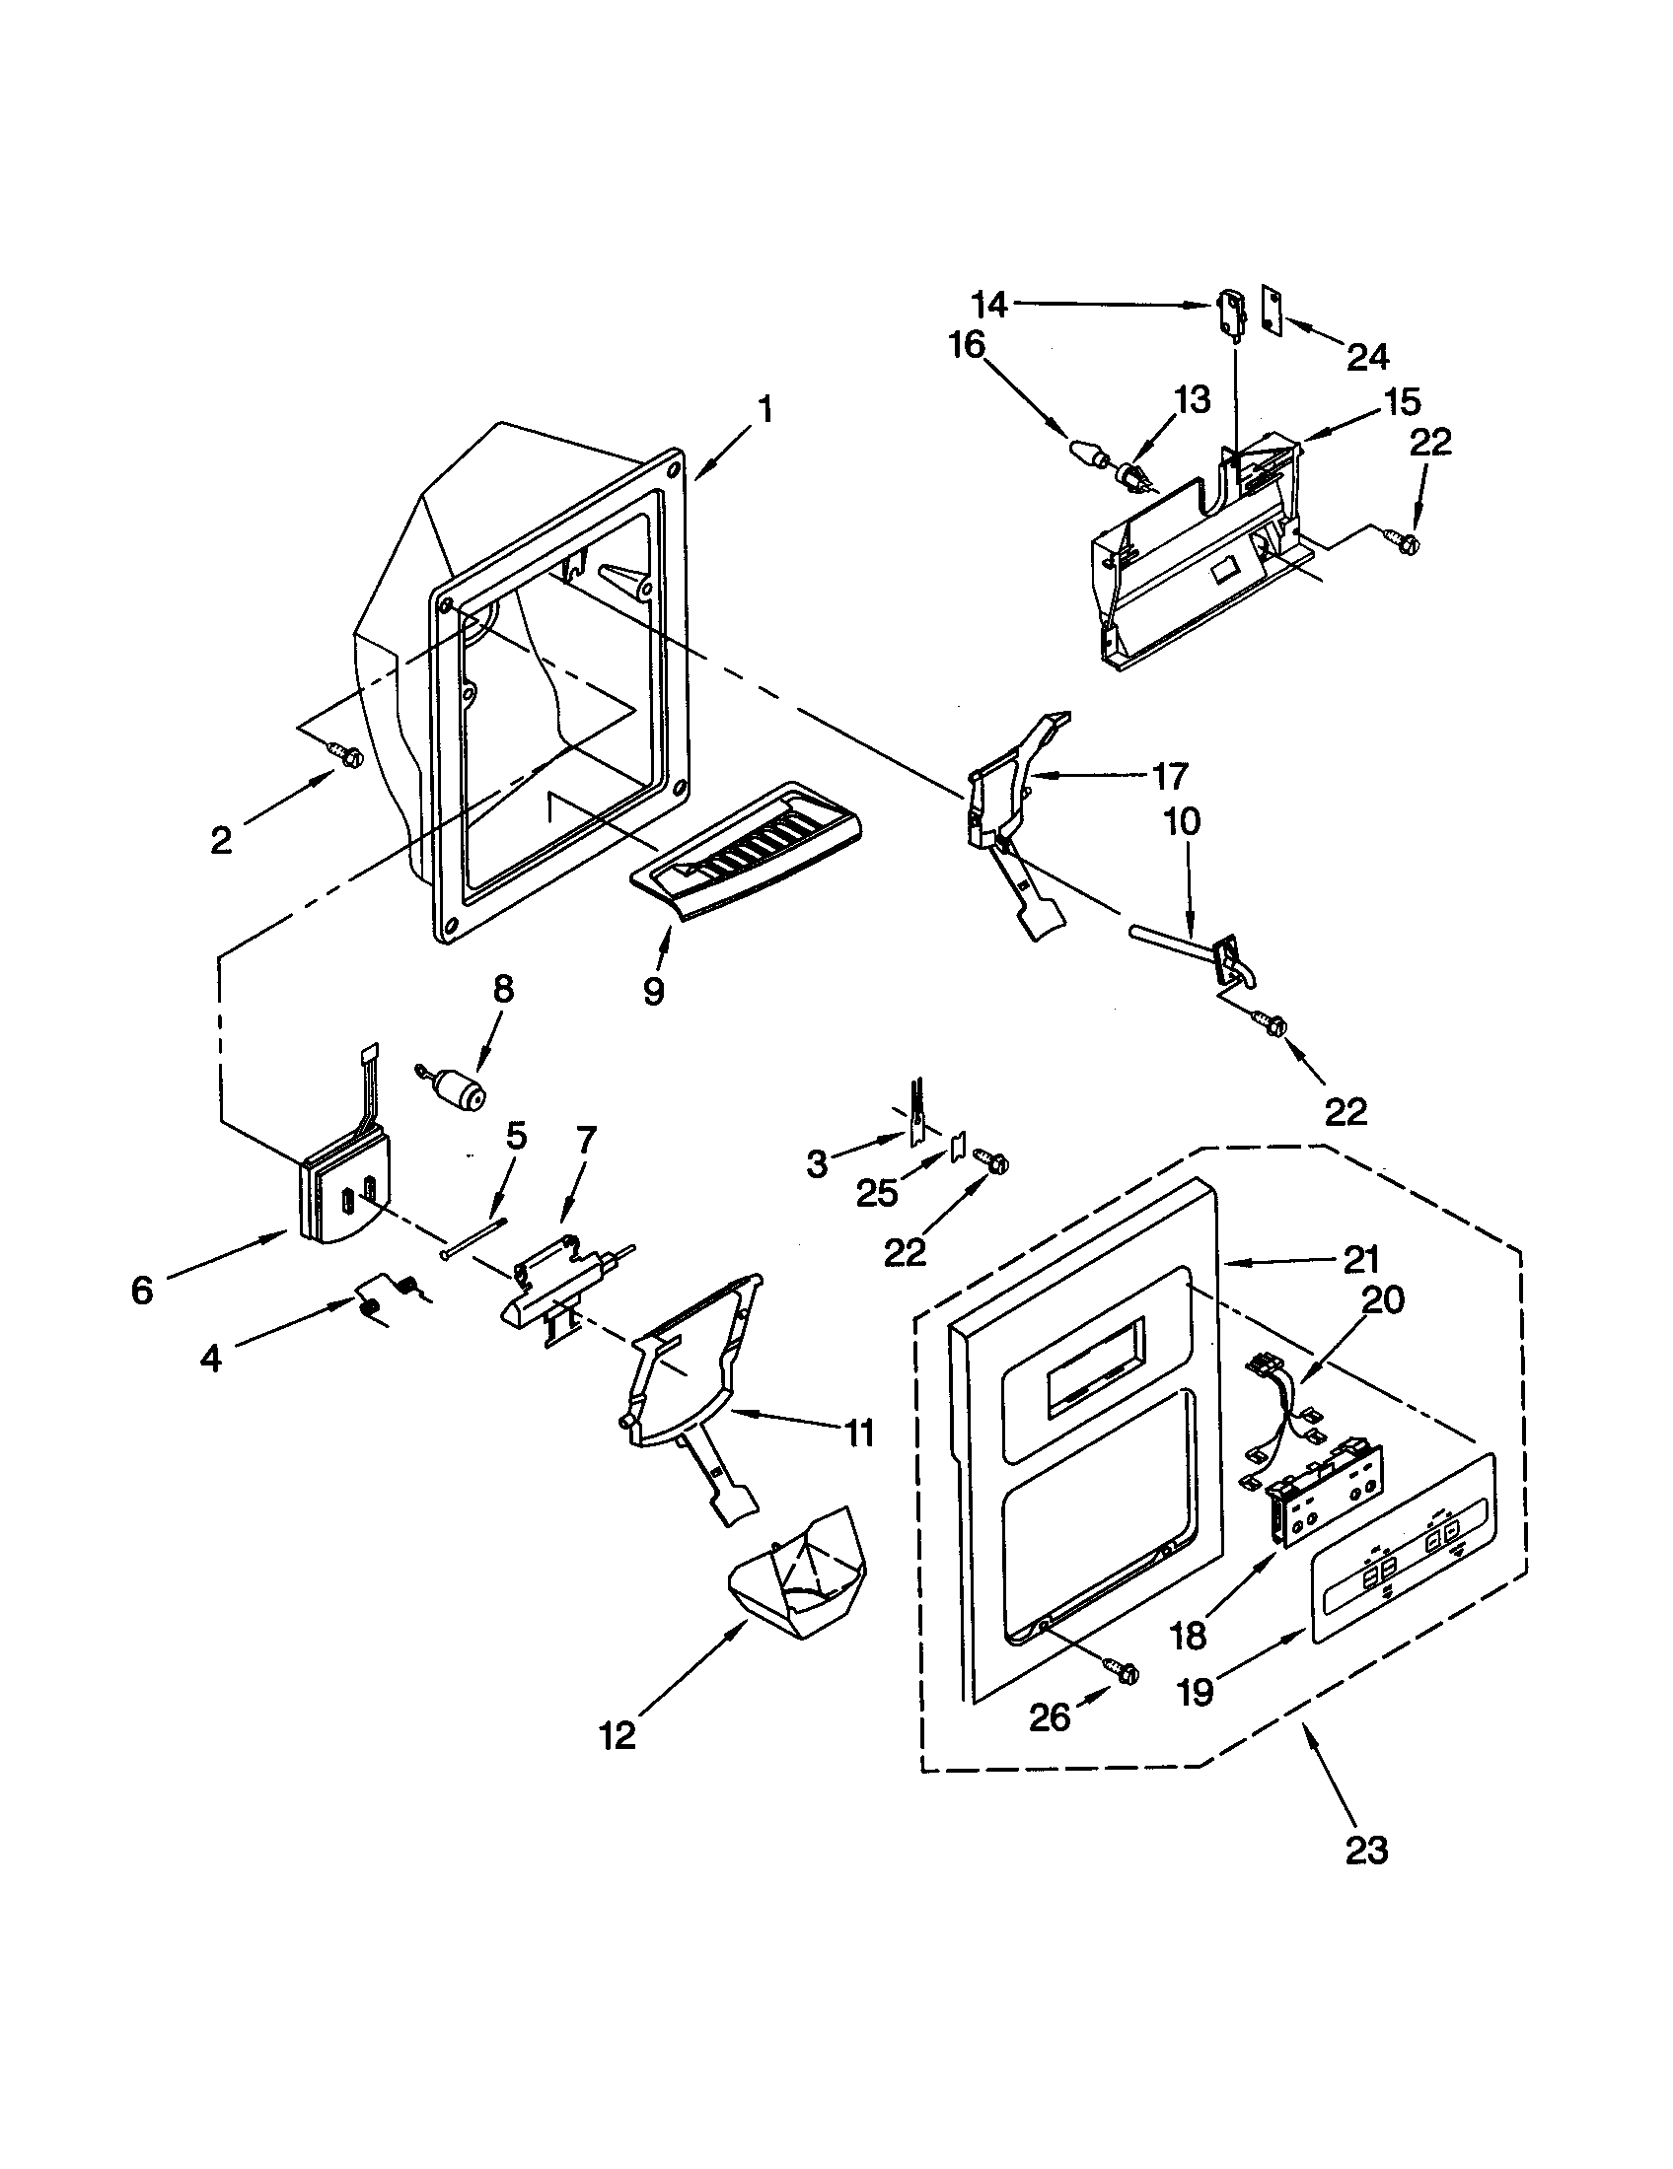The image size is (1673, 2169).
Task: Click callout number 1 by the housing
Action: coord(764,409)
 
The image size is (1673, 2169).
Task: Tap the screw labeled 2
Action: coord(350,757)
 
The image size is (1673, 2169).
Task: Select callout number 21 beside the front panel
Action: coord(1360,1260)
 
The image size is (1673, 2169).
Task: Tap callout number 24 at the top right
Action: coord(1368,356)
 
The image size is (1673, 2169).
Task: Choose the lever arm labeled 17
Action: coord(1003,795)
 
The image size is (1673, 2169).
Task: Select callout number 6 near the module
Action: coord(142,1290)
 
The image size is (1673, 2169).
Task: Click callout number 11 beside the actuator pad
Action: coord(858,1433)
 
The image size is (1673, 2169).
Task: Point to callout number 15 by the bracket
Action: coord(1402,402)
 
